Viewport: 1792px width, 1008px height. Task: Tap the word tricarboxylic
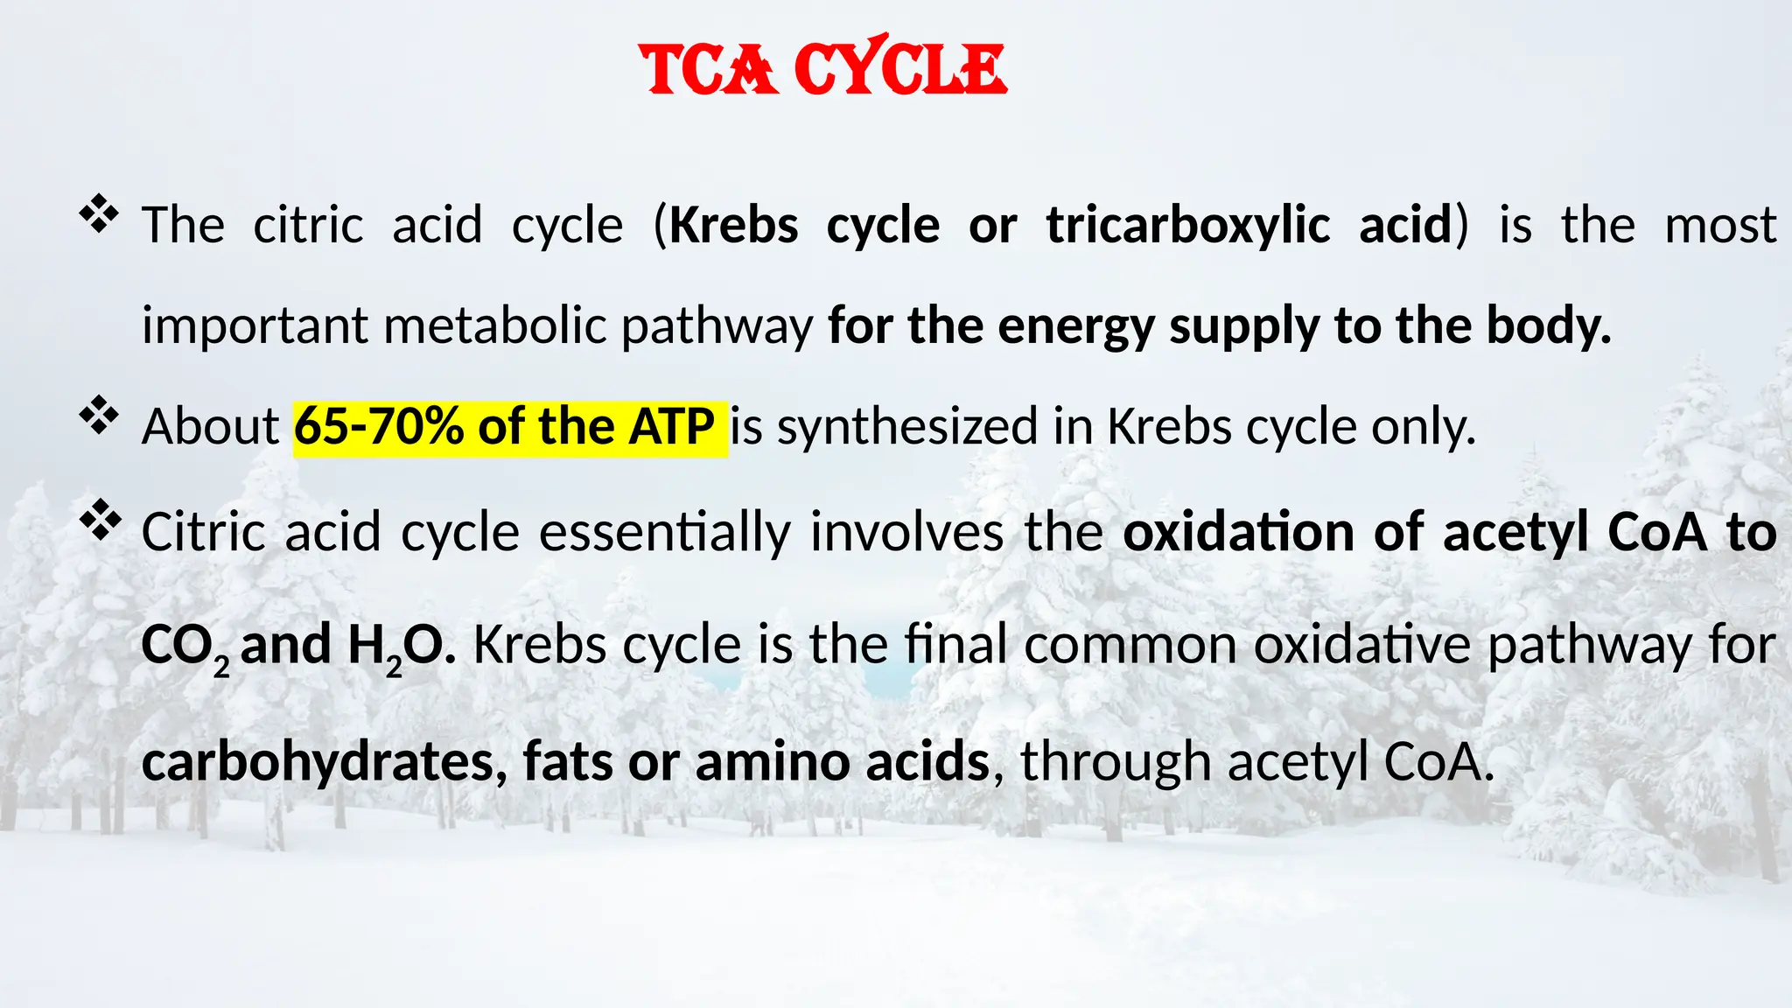tap(1187, 226)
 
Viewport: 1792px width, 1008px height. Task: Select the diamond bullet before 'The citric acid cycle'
tap(99, 214)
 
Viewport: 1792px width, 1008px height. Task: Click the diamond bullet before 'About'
tap(99, 416)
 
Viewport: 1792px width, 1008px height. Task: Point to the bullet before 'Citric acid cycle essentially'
tap(99, 520)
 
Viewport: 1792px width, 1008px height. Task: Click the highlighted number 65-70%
tap(379, 427)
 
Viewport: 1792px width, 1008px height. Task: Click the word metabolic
tap(495, 325)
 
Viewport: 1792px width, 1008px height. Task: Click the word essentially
tap(664, 532)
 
